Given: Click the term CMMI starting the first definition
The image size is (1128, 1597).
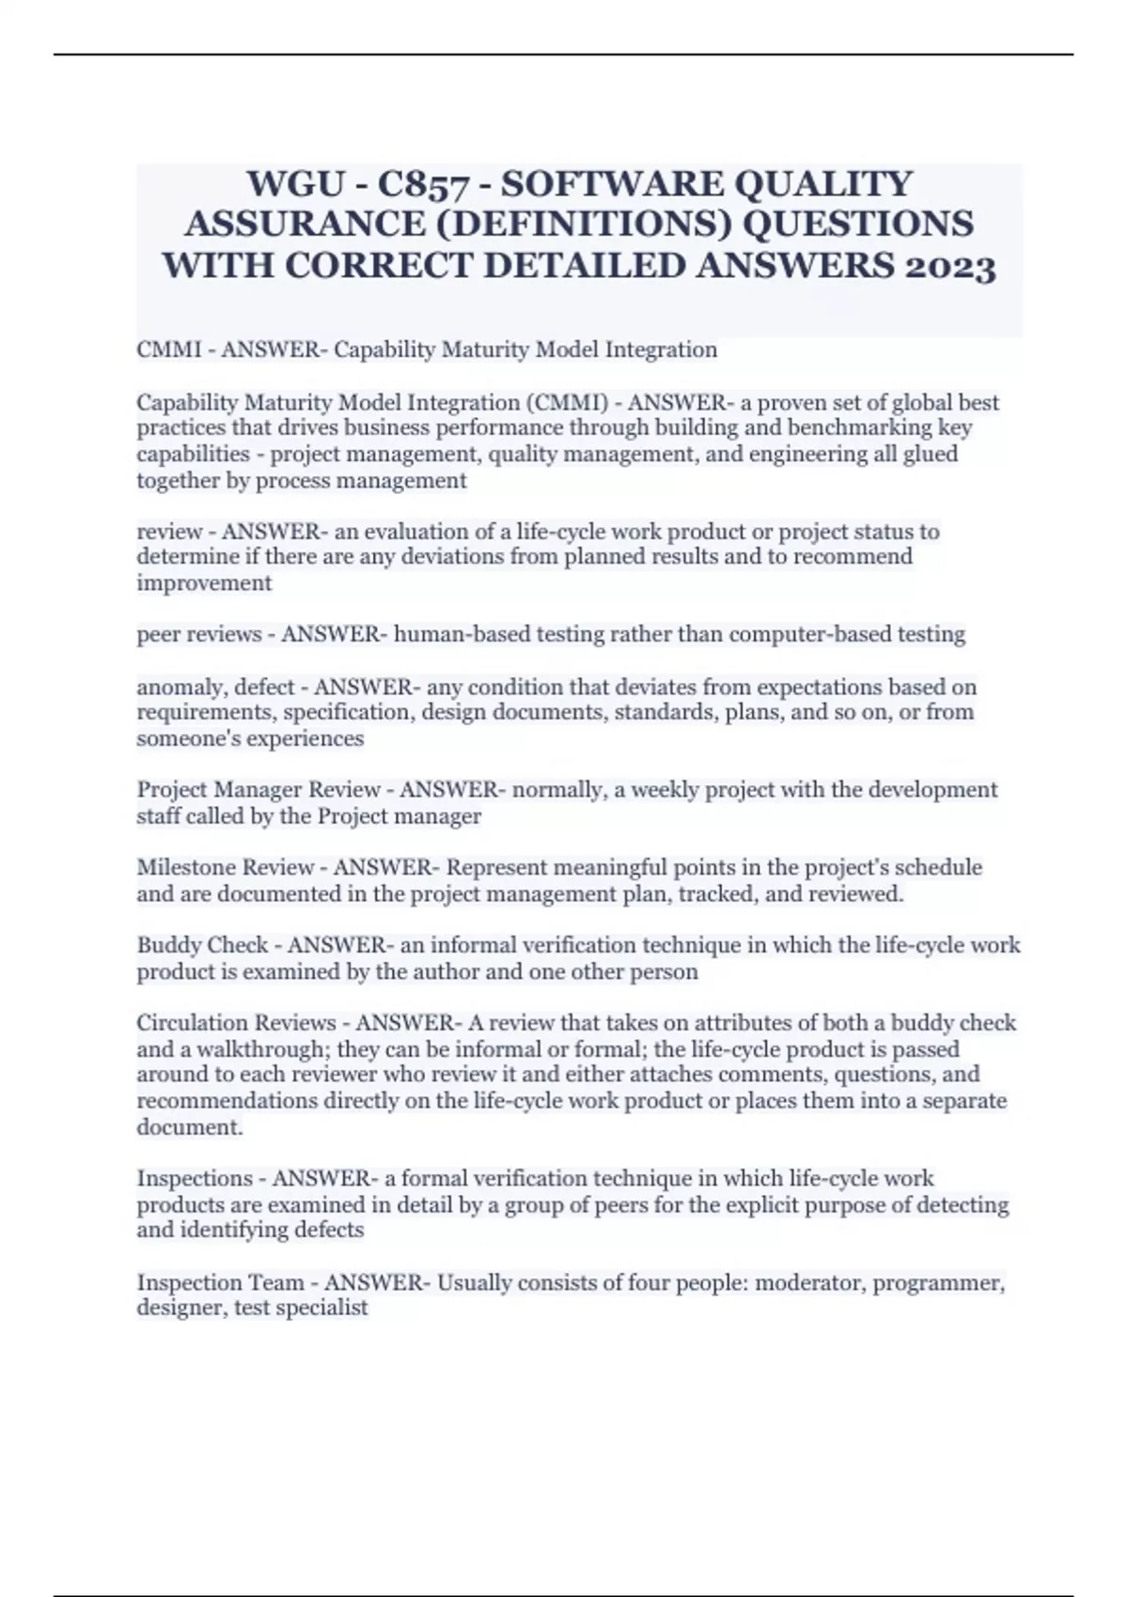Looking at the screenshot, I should click(x=168, y=350).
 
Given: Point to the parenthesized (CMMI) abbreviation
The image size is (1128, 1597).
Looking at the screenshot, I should click(x=564, y=403).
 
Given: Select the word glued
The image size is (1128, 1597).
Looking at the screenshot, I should click(x=931, y=455).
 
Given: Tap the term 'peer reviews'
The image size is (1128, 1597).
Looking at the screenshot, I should click(x=199, y=635).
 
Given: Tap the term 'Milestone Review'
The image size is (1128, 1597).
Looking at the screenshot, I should click(x=225, y=867).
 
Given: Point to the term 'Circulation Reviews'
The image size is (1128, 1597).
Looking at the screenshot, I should click(x=236, y=1023).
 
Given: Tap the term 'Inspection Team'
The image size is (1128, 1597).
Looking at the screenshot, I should click(x=221, y=1283).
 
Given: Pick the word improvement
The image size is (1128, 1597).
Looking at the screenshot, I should click(x=204, y=583).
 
